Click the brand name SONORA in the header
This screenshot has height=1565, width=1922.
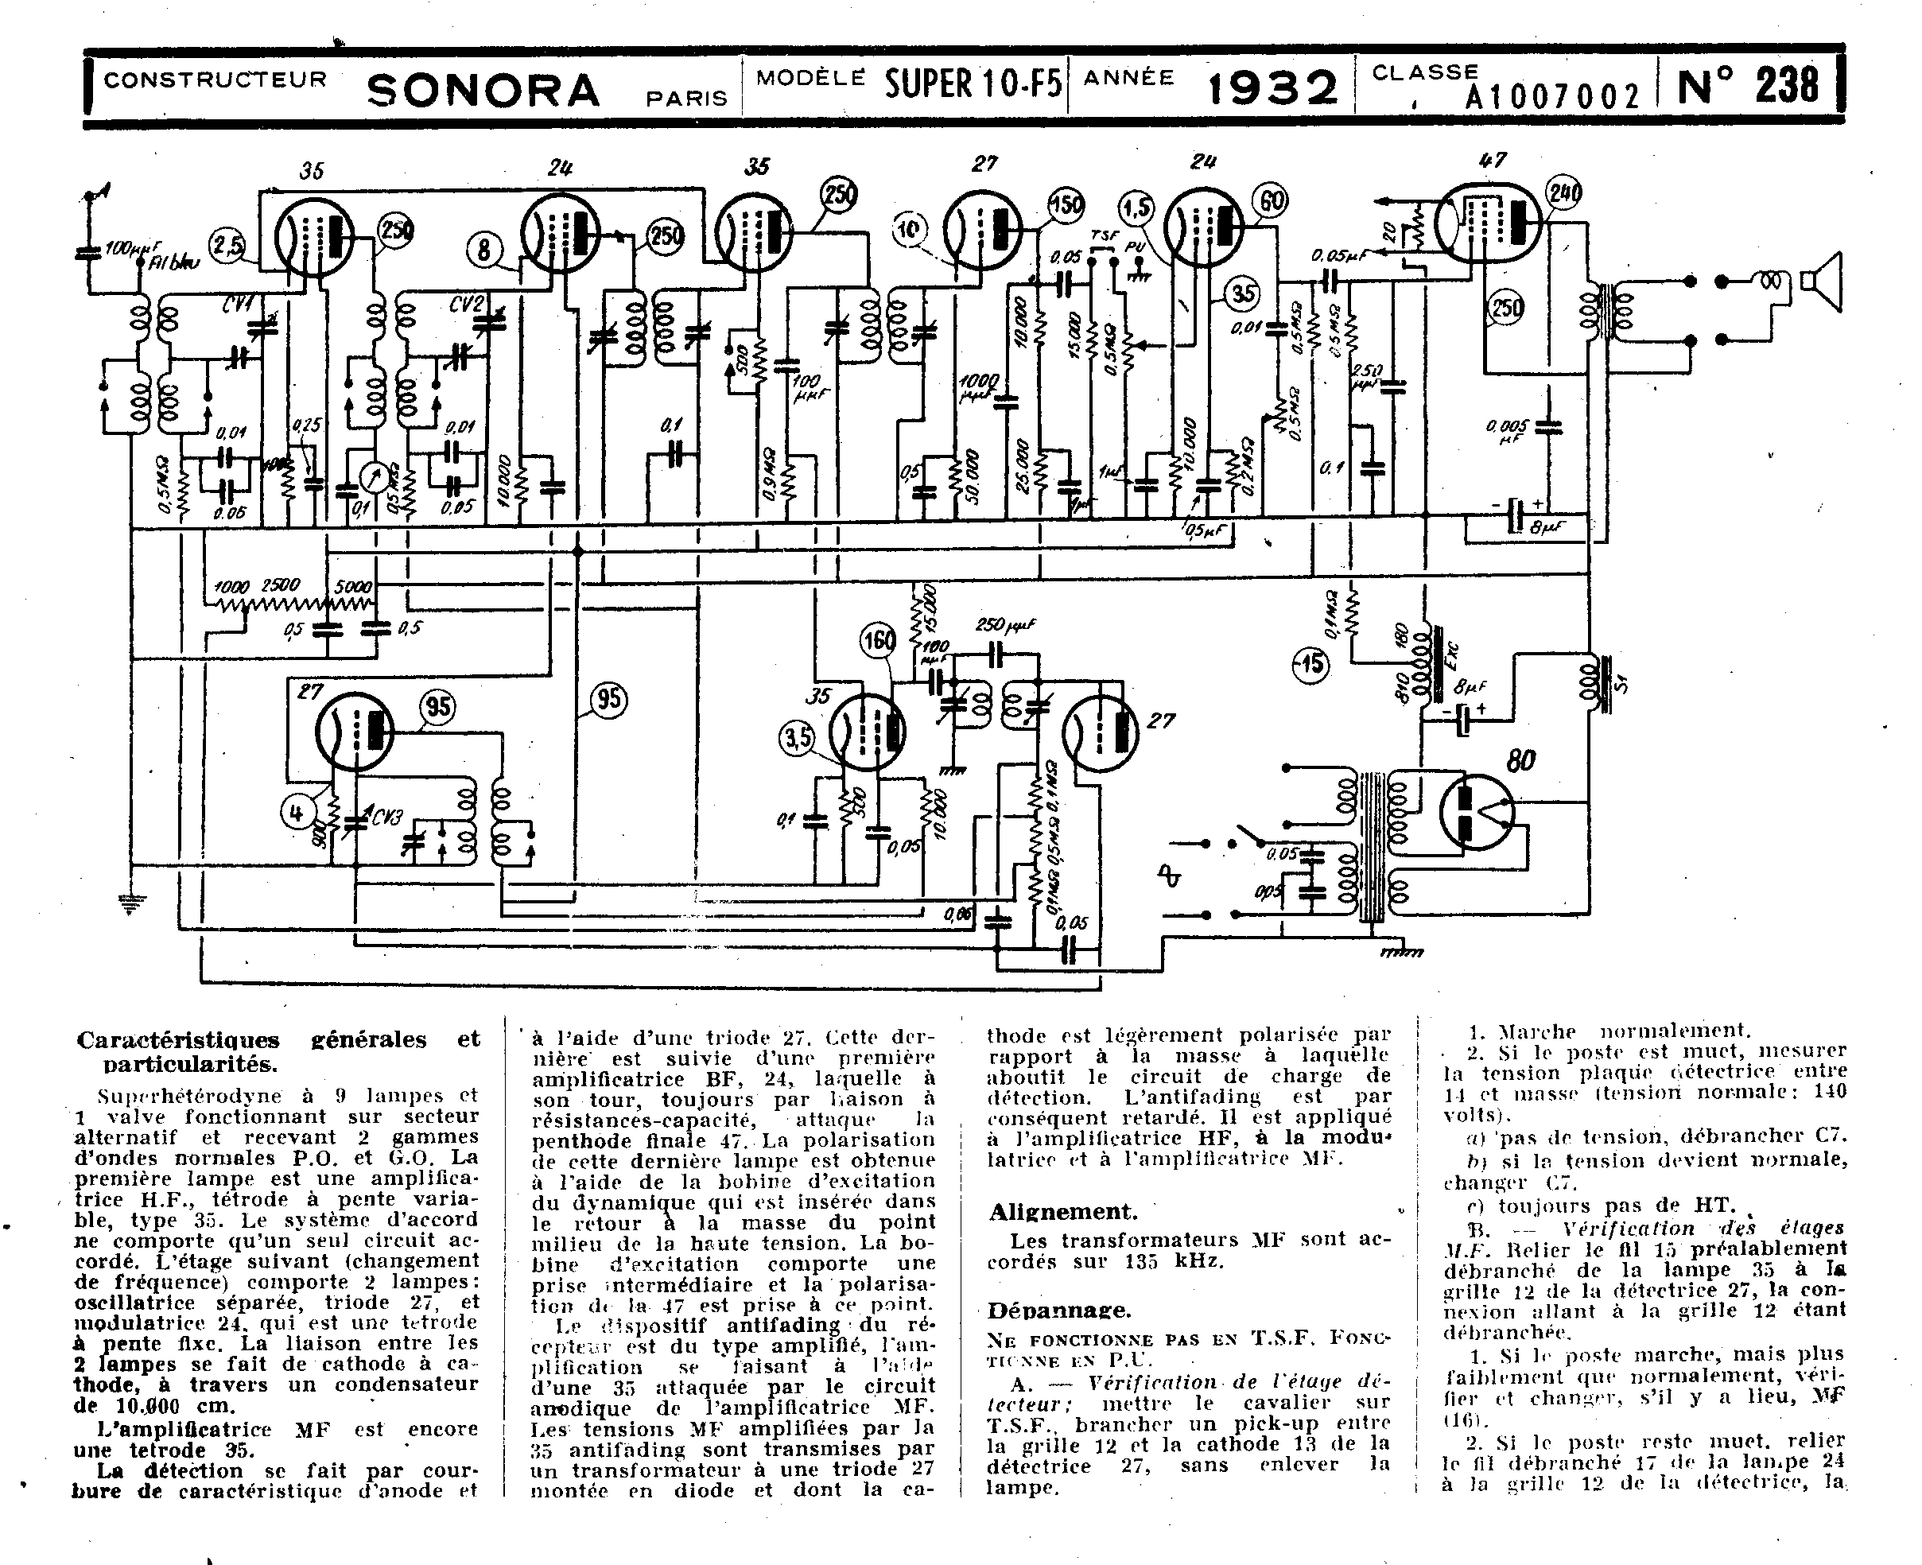click(483, 90)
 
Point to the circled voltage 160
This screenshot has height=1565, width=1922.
click(877, 641)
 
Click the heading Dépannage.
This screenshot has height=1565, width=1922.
click(1059, 1310)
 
